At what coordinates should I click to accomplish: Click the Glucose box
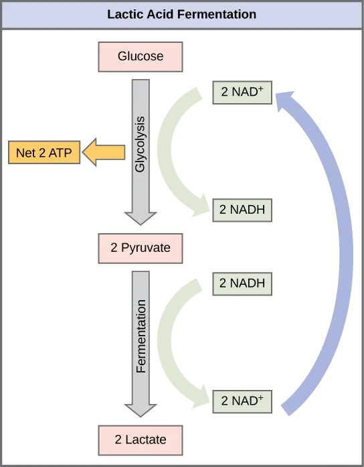pos(141,56)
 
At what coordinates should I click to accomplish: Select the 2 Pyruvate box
pos(141,248)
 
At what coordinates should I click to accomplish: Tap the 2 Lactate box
pos(140,440)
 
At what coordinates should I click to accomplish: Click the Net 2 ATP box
pos(42,153)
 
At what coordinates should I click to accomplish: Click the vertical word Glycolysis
pos(141,145)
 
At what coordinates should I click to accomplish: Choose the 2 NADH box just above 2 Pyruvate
pos(242,210)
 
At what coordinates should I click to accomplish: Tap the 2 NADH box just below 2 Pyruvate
pos(242,283)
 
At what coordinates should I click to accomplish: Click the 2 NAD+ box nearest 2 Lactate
pos(242,401)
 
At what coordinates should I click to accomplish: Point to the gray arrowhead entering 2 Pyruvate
pos(141,218)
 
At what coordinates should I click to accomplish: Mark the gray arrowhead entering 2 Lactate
pos(141,409)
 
